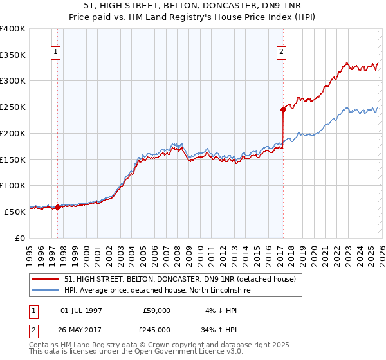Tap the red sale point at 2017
pyautogui.click(x=282, y=109)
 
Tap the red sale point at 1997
pyautogui.click(x=57, y=207)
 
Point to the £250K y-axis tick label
pyautogui.click(x=13, y=107)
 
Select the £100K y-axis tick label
pyautogui.click(x=13, y=185)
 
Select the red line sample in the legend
pyautogui.click(x=46, y=279)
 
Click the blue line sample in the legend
pyautogui.click(x=46, y=291)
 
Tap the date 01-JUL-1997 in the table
pyautogui.click(x=81, y=310)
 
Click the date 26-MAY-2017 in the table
pyautogui.click(x=81, y=329)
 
